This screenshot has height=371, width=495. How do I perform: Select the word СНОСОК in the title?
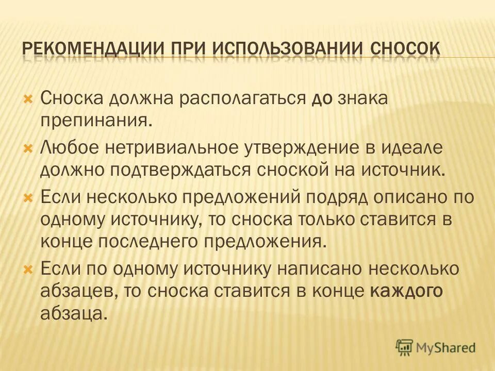(x=405, y=49)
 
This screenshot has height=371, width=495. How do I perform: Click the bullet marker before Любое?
(x=28, y=148)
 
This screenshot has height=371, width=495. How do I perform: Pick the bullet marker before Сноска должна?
(x=28, y=98)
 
